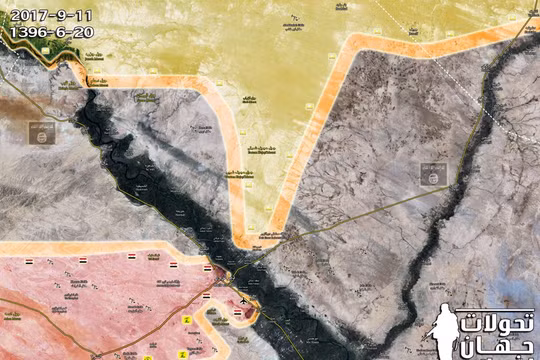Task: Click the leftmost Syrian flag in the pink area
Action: click(x=29, y=262)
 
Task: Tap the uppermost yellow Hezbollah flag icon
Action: click(x=186, y=318)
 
